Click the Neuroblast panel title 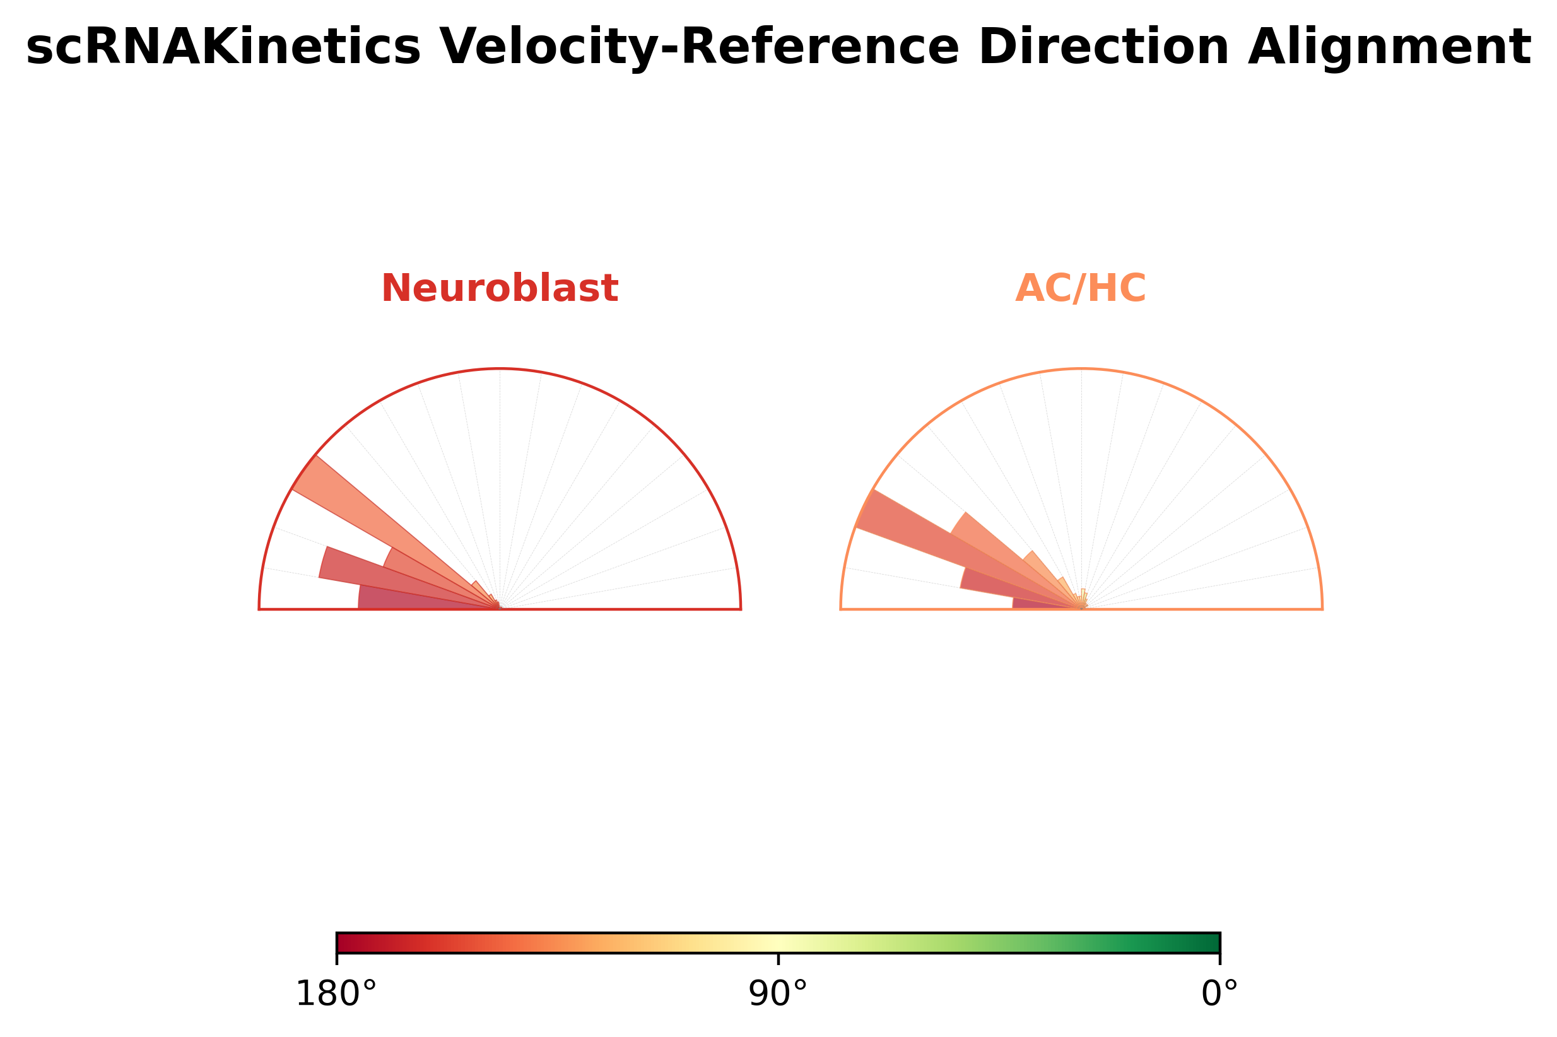[500, 288]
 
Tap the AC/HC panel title [1080, 288]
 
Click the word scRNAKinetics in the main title [223, 47]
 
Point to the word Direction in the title [1103, 47]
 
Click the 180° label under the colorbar [336, 994]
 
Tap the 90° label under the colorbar [778, 994]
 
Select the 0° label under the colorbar [1219, 994]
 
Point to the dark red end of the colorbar [345, 942]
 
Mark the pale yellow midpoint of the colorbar [778, 942]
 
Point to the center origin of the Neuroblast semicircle [500, 609]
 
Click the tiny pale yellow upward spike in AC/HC [1083, 597]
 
